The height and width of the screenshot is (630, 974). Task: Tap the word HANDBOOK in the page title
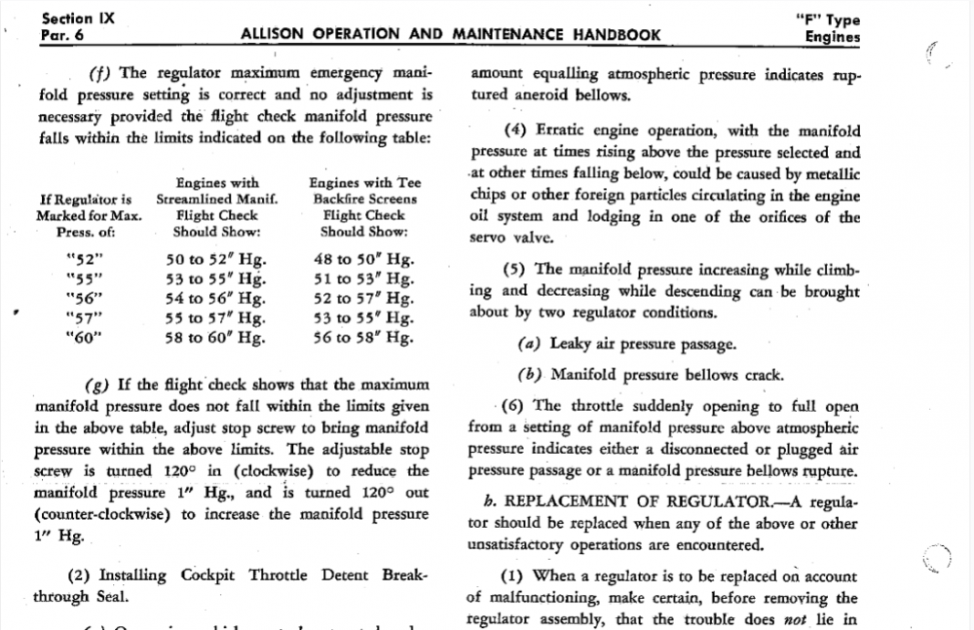[604, 35]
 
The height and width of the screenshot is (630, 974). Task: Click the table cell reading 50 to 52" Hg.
[216, 260]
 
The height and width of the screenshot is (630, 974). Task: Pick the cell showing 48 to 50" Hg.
[362, 260]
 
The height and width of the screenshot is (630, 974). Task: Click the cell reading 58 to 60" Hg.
[216, 338]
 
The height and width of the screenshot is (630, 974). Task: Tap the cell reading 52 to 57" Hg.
[362, 299]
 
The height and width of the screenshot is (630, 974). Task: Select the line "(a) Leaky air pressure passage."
[627, 344]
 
